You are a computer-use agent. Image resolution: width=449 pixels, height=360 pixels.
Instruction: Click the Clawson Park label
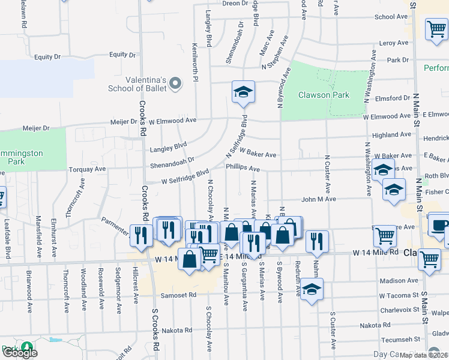click(324, 95)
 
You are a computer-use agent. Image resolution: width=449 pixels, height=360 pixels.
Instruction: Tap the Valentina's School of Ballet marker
click(175, 83)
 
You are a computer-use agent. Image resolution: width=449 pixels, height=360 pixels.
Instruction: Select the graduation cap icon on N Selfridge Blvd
click(244, 92)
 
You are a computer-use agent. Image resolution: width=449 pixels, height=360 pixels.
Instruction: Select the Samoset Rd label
click(178, 295)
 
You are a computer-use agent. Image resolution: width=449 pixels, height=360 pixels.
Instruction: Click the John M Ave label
click(318, 199)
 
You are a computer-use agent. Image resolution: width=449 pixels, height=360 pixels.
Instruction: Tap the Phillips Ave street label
click(243, 169)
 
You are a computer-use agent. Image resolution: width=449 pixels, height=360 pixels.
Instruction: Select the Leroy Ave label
click(394, 43)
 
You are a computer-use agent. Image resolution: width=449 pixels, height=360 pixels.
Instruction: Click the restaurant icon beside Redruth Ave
click(317, 241)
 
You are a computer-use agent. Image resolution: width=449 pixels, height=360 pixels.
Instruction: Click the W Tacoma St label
click(398, 296)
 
